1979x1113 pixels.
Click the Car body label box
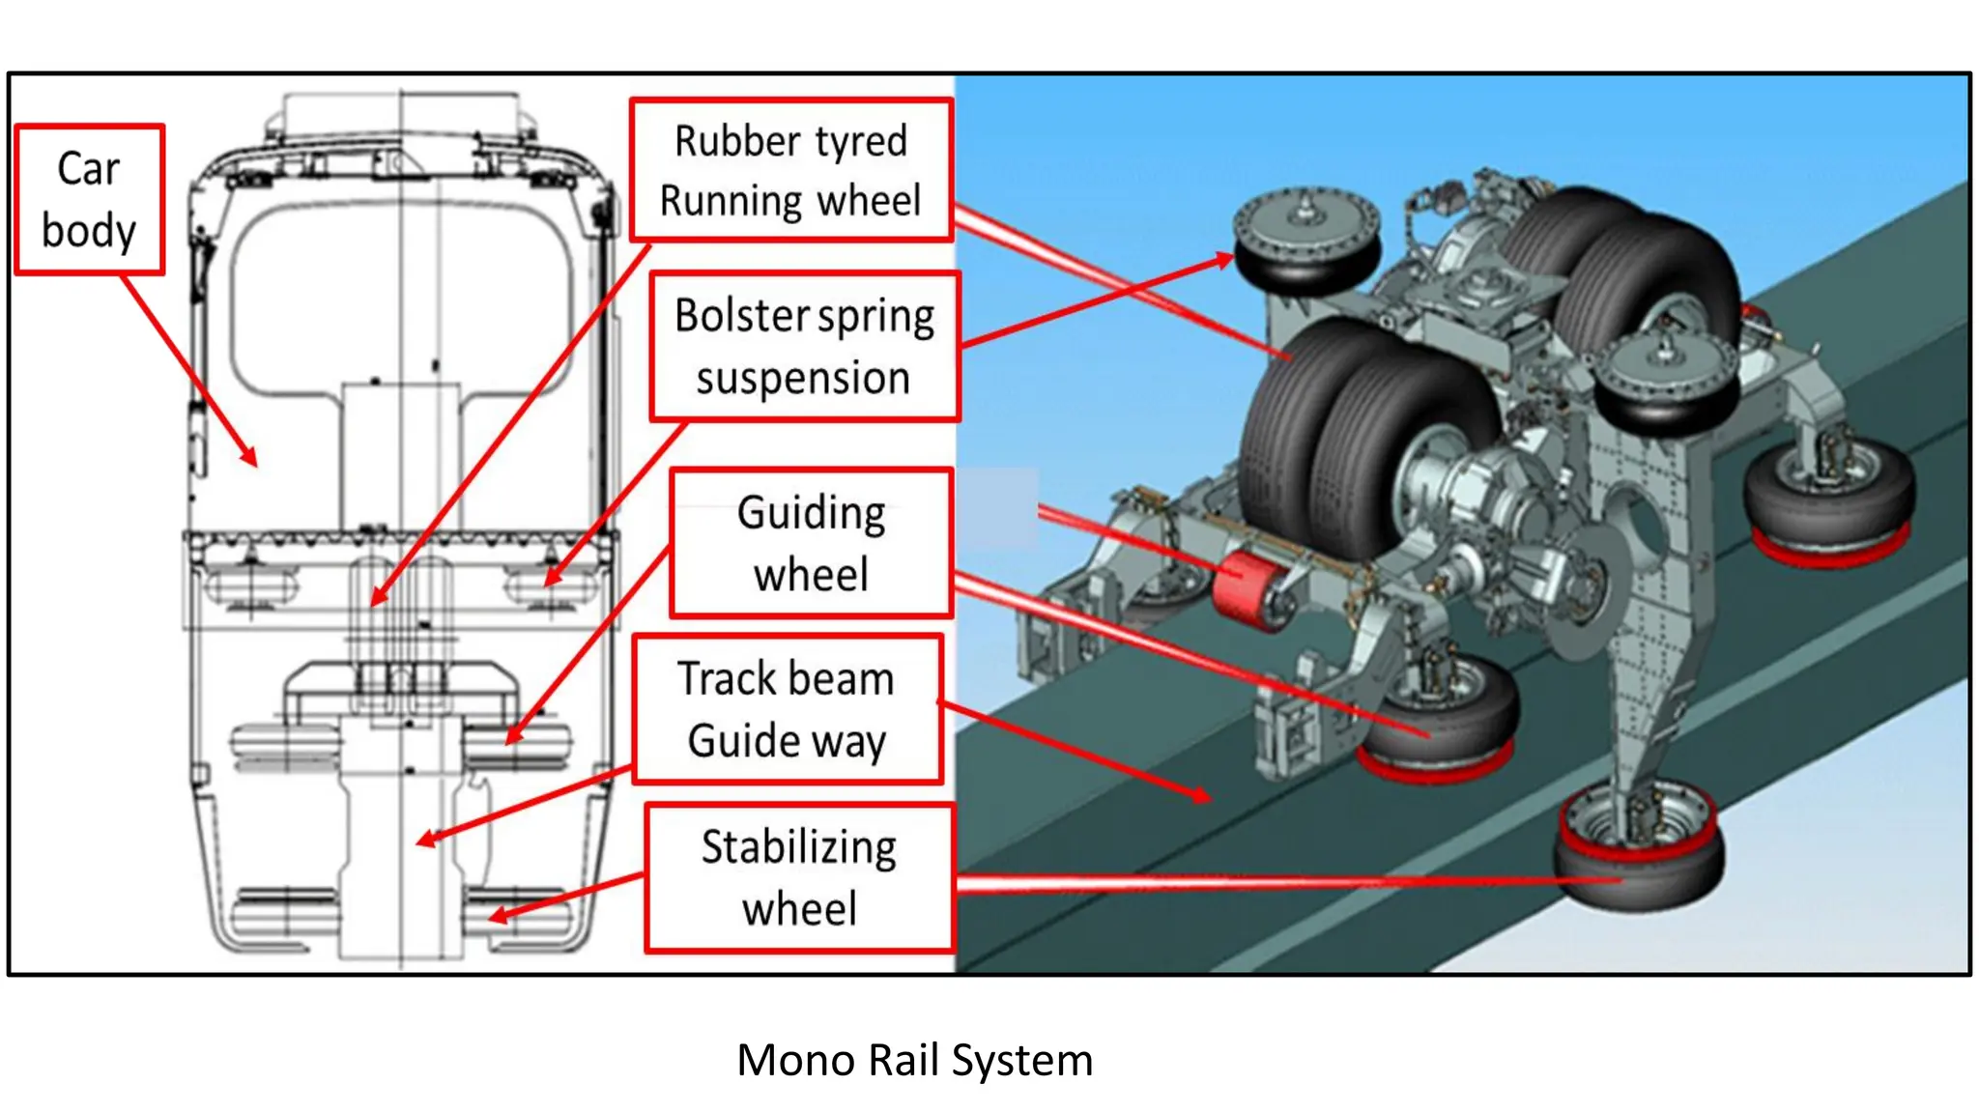tap(89, 200)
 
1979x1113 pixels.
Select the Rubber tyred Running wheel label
tap(790, 170)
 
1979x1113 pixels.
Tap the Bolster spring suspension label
tap(804, 346)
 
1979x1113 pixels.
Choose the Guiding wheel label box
tap(812, 543)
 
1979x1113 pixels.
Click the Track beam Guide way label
tap(787, 709)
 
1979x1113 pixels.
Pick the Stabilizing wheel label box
tap(799, 877)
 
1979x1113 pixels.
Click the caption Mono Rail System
tap(914, 1060)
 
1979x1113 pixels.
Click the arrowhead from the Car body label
tap(251, 458)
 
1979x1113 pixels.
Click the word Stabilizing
tap(799, 847)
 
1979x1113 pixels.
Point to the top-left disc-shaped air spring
tap(1306, 239)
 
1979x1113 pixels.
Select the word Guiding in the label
tap(812, 513)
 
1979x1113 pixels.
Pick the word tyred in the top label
tap(860, 142)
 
